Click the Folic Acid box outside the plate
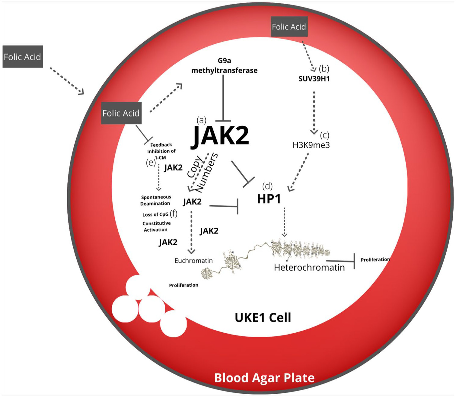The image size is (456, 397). (x=23, y=57)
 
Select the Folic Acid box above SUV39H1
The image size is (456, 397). (x=289, y=27)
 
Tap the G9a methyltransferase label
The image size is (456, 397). (x=224, y=66)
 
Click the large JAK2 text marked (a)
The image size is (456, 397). (x=220, y=135)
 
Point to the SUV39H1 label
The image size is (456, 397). (x=314, y=79)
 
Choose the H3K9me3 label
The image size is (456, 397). (x=311, y=145)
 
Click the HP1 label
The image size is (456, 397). (x=269, y=199)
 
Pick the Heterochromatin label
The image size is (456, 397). (x=309, y=268)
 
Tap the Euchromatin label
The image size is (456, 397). (x=193, y=261)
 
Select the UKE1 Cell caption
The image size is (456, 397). (x=263, y=318)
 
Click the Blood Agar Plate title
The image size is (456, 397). (x=264, y=378)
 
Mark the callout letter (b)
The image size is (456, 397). (x=324, y=69)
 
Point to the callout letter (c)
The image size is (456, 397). (x=324, y=135)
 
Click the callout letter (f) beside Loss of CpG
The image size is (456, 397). (x=174, y=214)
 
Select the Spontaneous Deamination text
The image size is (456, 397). (x=156, y=200)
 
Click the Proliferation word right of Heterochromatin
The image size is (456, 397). (x=375, y=259)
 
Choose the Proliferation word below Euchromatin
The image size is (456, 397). (x=183, y=285)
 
